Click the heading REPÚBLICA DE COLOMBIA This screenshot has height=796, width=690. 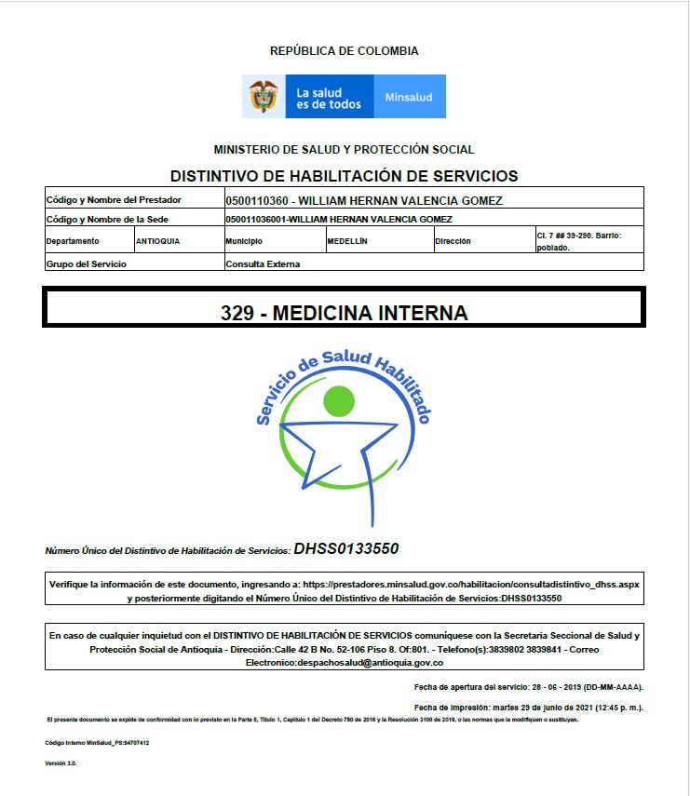[344, 51]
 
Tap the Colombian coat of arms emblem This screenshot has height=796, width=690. [264, 96]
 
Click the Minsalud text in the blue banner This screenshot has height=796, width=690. [409, 97]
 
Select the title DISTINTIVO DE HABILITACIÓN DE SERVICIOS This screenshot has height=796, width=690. [344, 176]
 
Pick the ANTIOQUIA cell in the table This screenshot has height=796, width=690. [158, 241]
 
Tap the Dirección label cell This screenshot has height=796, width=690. [453, 241]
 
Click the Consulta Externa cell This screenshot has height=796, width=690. [263, 263]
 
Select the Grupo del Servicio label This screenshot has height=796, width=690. [86, 263]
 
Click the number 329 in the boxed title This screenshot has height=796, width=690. [237, 313]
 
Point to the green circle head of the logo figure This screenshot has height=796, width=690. [338, 401]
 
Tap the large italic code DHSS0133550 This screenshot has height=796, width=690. [345, 548]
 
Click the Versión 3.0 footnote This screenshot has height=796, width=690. [61, 763]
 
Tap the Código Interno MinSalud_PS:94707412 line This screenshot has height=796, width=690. [97, 743]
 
